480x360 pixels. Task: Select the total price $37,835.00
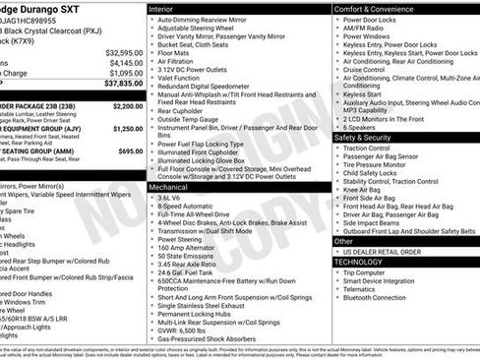[119, 85]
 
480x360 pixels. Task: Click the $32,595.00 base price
[124, 52]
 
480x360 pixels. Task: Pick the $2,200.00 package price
[128, 105]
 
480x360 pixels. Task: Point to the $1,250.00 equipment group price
[128, 129]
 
